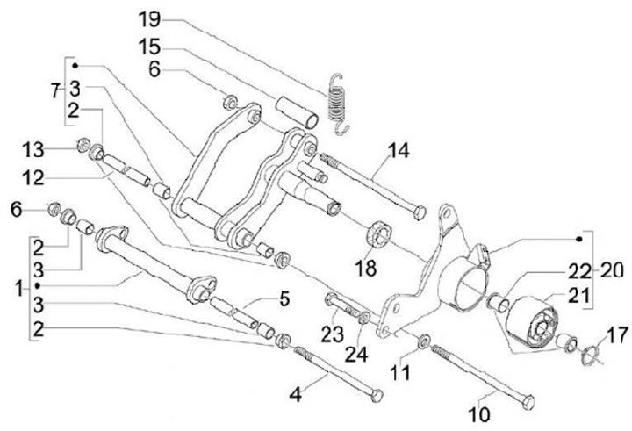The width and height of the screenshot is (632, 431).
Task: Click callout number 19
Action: [150, 18]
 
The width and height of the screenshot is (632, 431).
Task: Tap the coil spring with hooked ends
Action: [335, 101]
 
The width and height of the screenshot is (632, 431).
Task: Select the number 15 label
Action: [150, 45]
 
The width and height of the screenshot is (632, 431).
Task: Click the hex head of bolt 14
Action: [420, 212]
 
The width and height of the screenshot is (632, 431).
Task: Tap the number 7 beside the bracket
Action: [56, 90]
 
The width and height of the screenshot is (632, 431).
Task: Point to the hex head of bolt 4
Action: [378, 396]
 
